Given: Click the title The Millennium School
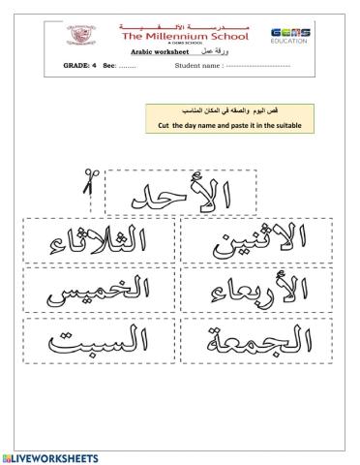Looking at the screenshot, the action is tap(180, 31).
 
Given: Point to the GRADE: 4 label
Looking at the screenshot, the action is tap(80, 66).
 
